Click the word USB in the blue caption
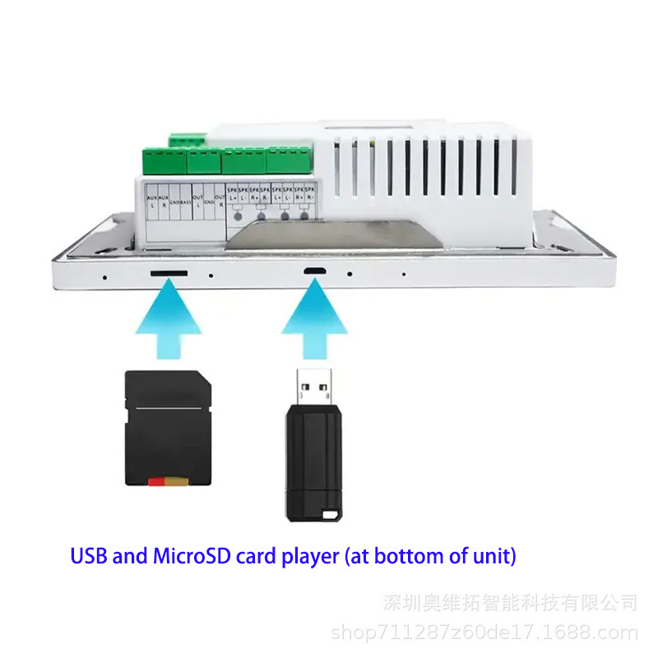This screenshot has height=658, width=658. (x=89, y=556)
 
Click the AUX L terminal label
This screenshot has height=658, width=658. (x=151, y=201)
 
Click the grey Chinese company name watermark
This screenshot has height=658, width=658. (x=510, y=603)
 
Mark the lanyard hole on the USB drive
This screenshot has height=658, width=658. (x=331, y=516)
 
